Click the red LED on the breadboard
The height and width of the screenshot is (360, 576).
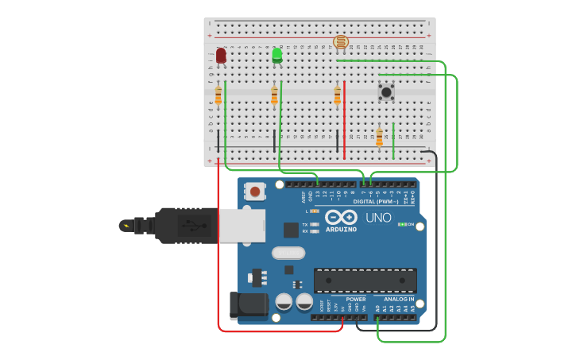point(221,55)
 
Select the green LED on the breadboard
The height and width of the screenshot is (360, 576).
point(276,55)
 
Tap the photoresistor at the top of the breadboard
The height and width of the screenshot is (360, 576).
point(341,42)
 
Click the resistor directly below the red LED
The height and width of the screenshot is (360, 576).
point(218,95)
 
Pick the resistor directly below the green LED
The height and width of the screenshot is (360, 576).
point(275,95)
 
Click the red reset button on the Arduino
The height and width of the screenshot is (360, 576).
point(255,191)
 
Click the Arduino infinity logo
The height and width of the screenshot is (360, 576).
point(340,218)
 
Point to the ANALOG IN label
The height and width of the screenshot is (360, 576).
point(400,300)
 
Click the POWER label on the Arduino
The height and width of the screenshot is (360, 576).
point(355,300)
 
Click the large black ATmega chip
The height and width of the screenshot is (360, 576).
point(365,281)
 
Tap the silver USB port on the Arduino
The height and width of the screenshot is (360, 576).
point(242,225)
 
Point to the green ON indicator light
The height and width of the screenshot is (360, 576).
point(402,225)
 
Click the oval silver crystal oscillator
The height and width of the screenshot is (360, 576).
point(288,253)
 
